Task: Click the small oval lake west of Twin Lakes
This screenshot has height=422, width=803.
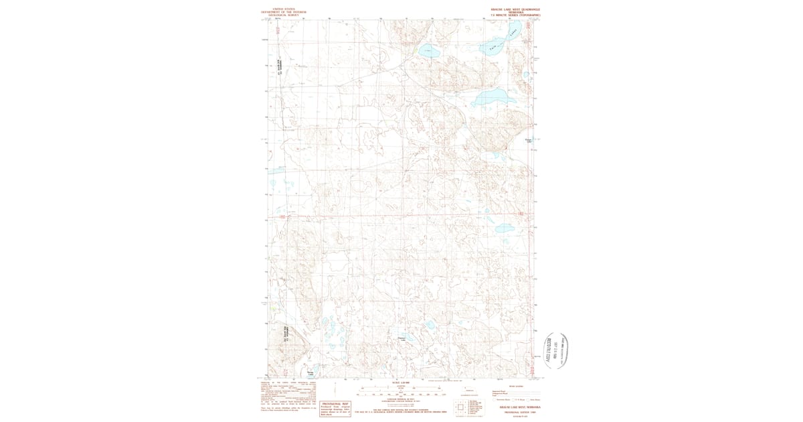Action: coord(428,50)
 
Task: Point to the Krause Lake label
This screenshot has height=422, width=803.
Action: coord(528,141)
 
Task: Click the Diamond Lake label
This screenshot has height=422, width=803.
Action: coord(402,338)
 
